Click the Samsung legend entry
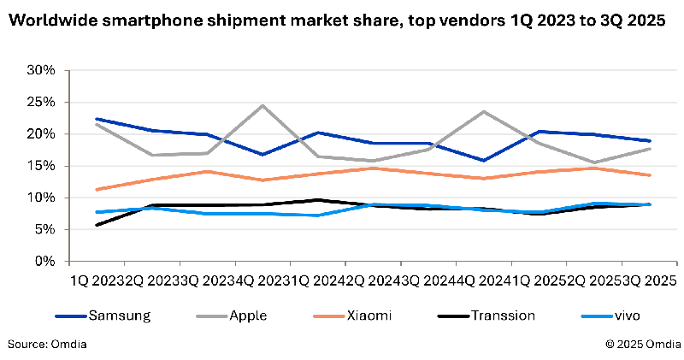(120, 316)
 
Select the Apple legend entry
(248, 316)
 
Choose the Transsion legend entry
(503, 316)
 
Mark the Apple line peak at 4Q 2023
(262, 105)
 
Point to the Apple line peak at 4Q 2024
(484, 111)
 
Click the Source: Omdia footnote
(47, 344)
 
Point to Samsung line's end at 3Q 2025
(650, 141)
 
